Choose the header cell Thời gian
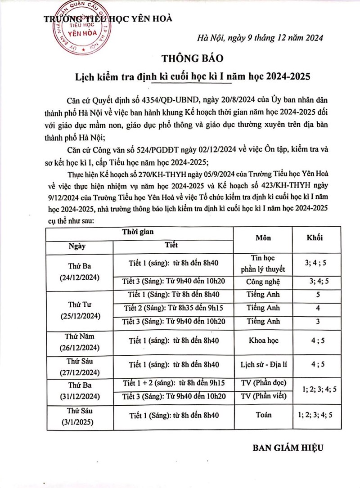click(139, 232)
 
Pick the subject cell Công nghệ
click(263, 282)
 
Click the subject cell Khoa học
click(263, 340)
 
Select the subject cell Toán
click(263, 415)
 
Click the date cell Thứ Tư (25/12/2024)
click(79, 309)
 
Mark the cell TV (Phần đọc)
click(263, 383)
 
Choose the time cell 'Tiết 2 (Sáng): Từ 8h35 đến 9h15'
click(173, 308)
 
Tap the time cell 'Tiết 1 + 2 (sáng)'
click(173, 383)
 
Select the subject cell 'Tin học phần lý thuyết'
click(263, 264)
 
